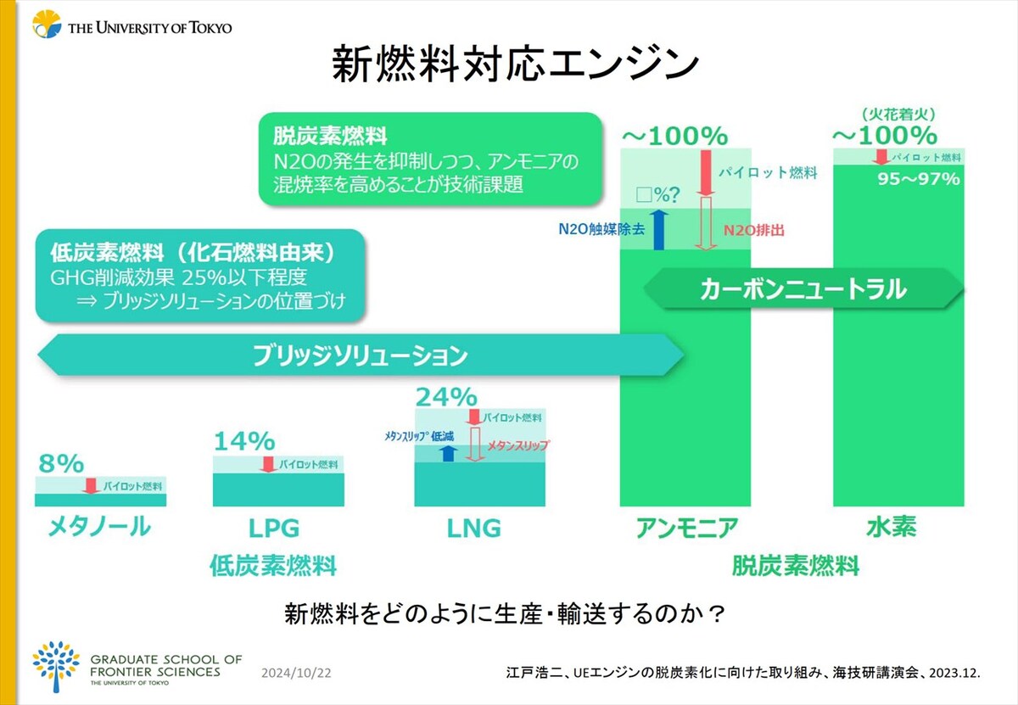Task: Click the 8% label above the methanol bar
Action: (x=61, y=463)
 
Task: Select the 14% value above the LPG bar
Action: (x=244, y=441)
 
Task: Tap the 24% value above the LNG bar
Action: (x=446, y=397)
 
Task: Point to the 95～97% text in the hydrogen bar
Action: (x=919, y=179)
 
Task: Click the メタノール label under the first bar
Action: (x=99, y=527)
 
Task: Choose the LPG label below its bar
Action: (x=274, y=529)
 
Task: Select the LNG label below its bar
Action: (x=473, y=529)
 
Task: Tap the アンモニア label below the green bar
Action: (x=686, y=528)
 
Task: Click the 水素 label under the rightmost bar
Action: (x=892, y=527)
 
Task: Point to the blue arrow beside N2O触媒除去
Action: (x=658, y=230)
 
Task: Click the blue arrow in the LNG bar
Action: (x=448, y=453)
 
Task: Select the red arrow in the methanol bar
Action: (x=92, y=486)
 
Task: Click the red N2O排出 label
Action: (x=754, y=231)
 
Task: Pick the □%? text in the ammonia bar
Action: (x=657, y=195)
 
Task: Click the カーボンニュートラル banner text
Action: (x=803, y=289)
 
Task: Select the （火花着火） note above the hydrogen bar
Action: (x=898, y=115)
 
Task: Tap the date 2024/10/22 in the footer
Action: (x=296, y=673)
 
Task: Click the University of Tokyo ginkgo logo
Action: (x=47, y=24)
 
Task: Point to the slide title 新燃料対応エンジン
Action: (x=516, y=64)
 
